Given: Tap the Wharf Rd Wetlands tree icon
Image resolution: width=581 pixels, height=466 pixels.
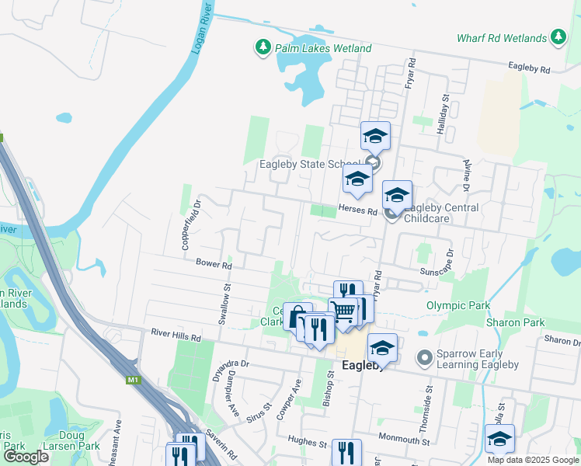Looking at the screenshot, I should click(558, 37).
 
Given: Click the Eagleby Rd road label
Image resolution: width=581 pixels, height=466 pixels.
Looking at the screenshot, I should click(529, 69).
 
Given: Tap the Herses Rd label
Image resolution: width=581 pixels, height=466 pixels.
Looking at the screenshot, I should click(357, 210).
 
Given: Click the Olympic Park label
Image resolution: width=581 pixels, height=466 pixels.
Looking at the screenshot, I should click(458, 306).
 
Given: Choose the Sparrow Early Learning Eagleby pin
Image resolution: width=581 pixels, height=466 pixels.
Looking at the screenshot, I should click(424, 358).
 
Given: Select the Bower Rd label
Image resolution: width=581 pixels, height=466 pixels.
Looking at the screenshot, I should click(214, 265).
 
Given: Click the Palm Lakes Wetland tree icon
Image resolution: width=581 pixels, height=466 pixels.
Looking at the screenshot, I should click(263, 48).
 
